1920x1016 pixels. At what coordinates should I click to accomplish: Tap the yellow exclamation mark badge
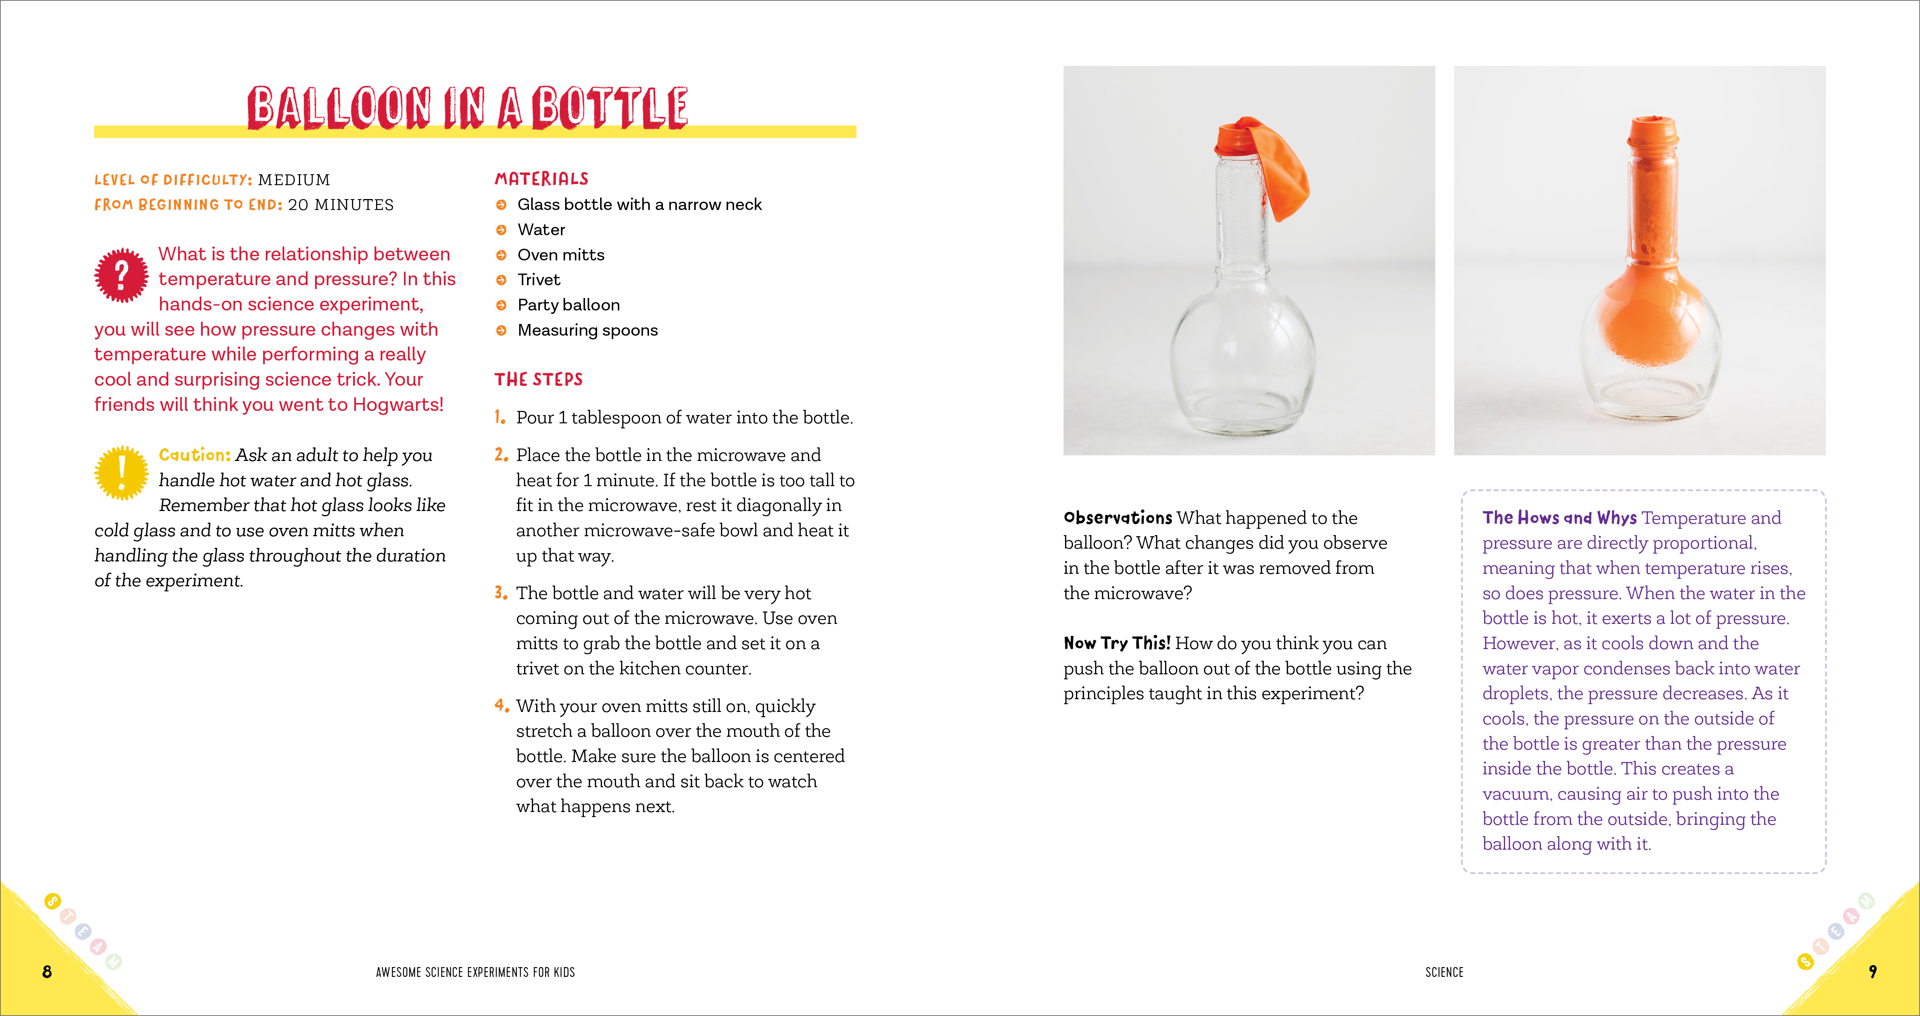[x=122, y=472]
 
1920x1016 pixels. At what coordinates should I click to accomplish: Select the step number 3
[x=500, y=593]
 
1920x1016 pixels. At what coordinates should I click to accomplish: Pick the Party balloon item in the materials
[x=568, y=305]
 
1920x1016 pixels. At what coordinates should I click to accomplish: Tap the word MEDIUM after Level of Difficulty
[x=294, y=179]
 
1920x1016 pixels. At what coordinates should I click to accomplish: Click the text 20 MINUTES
[x=341, y=205]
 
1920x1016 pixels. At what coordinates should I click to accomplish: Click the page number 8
[x=47, y=971]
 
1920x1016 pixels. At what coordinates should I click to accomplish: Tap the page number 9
[x=1872, y=971]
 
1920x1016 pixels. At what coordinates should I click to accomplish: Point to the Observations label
[x=1117, y=518]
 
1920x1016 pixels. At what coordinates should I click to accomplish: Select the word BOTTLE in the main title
[x=610, y=108]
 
